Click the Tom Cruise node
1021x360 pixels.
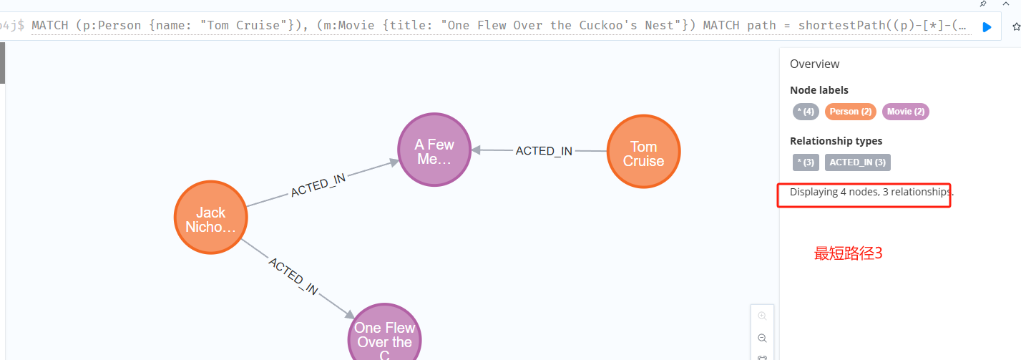point(643,152)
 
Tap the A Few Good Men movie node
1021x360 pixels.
point(434,151)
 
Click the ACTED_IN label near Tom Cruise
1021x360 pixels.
point(544,151)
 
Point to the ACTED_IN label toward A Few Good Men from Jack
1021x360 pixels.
point(318,185)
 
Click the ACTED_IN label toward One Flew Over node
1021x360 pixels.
point(293,276)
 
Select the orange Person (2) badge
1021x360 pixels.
point(851,112)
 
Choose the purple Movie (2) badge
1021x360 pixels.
point(905,112)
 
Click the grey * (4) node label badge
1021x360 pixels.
point(806,112)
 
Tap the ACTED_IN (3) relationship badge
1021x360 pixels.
point(857,162)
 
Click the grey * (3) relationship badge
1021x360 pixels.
point(806,162)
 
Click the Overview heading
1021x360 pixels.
point(814,64)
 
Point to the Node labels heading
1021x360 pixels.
point(819,90)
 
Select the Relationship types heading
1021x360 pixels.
point(836,141)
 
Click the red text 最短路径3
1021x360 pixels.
point(848,253)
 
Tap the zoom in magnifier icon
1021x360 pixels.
point(762,316)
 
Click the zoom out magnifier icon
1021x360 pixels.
point(762,338)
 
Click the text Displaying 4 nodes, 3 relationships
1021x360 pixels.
point(871,192)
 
